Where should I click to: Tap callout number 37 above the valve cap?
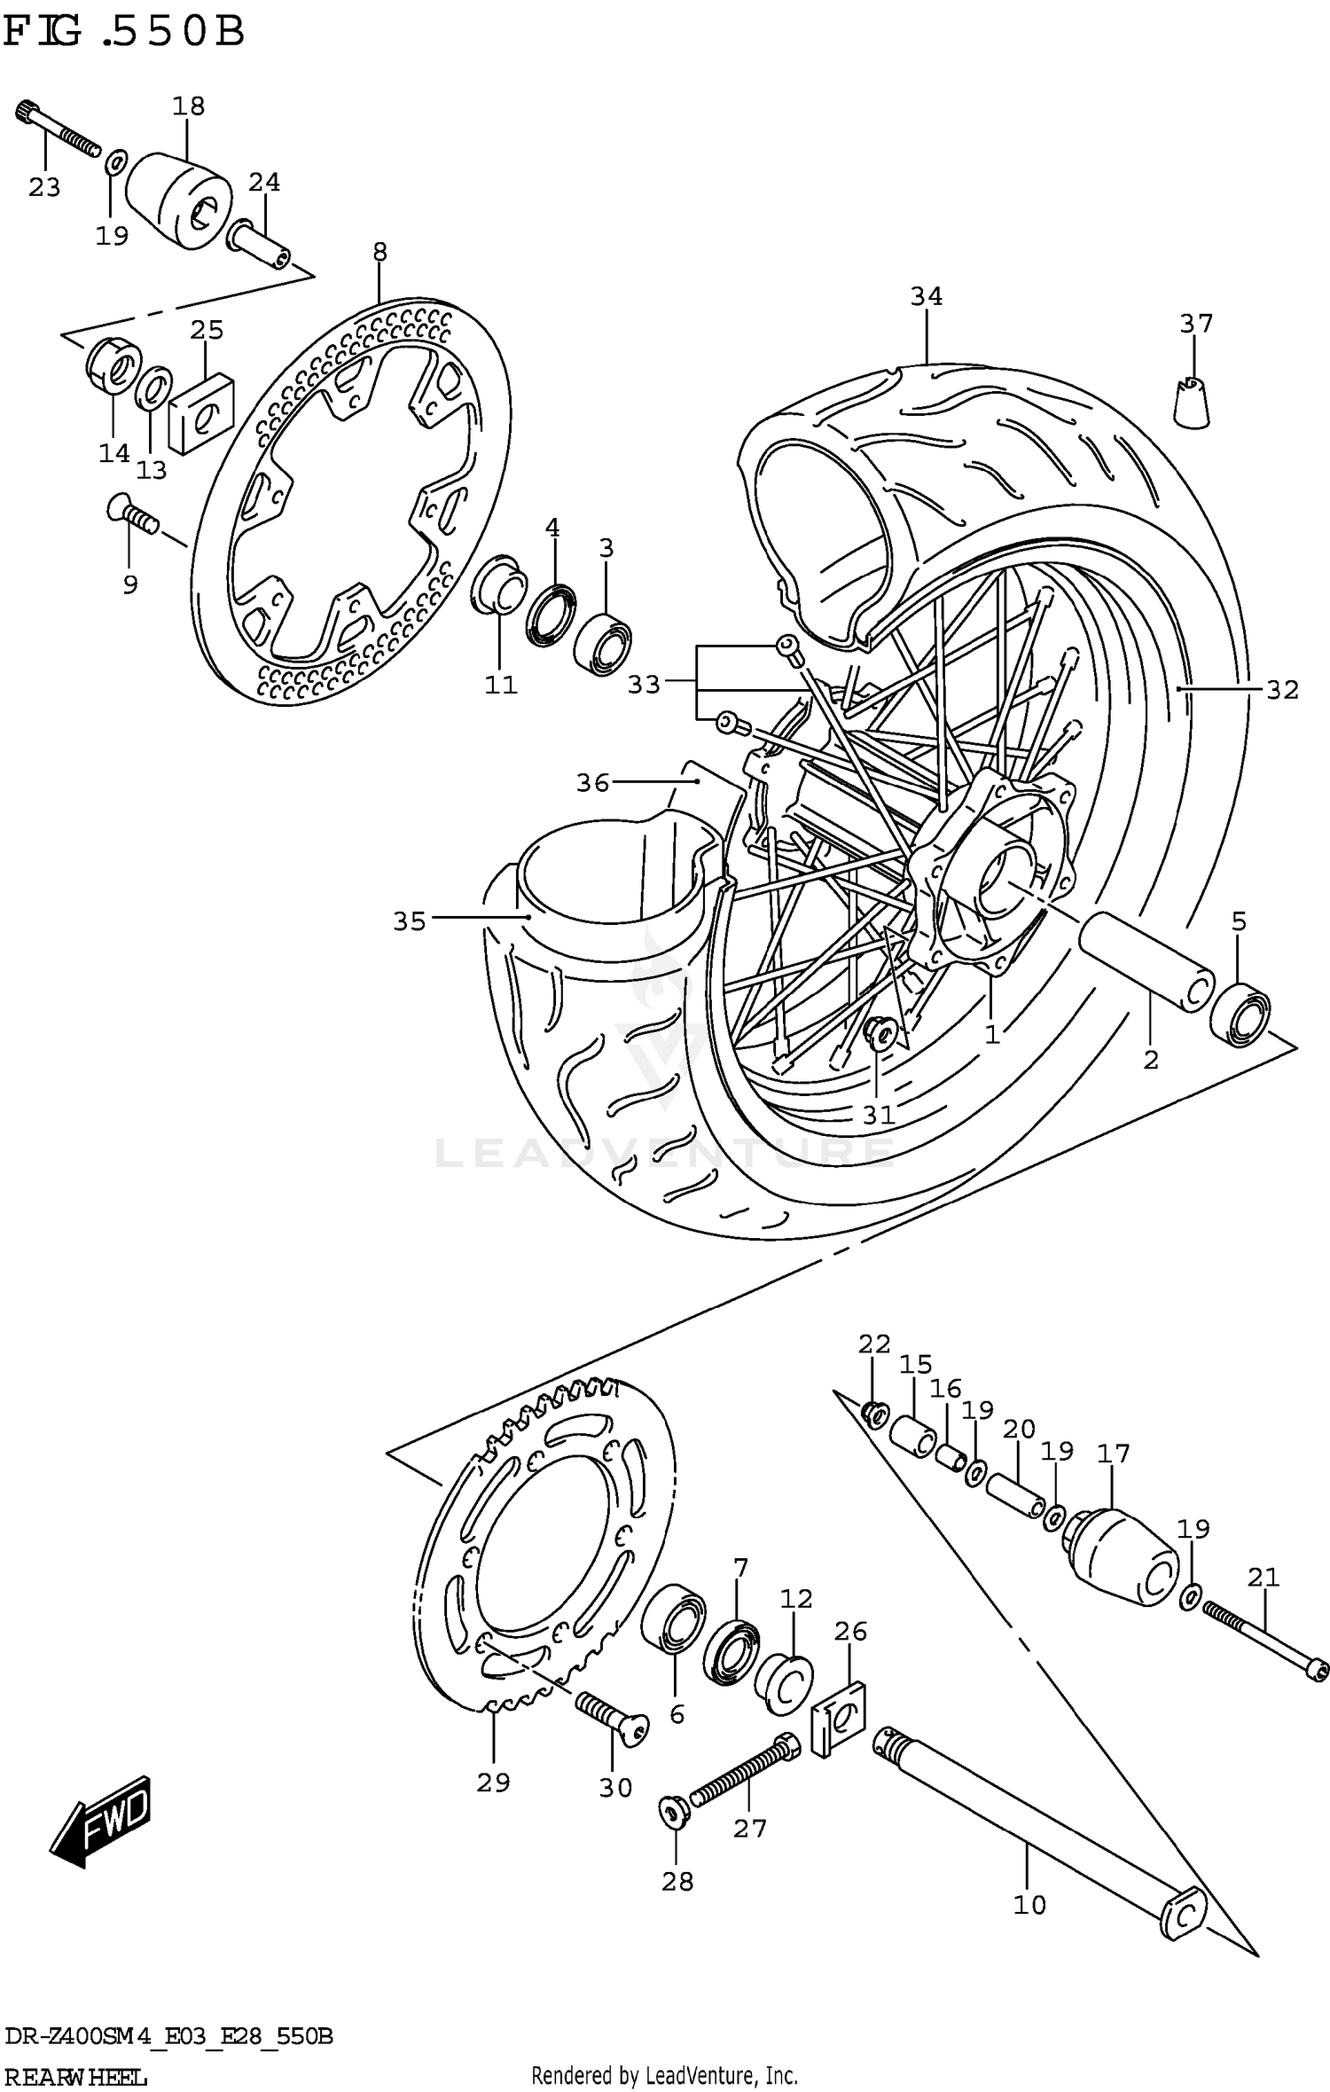1195,324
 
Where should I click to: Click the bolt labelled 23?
59,131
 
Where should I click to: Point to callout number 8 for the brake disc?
379,252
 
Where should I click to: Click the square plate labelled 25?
201,413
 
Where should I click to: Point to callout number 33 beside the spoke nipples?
644,685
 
